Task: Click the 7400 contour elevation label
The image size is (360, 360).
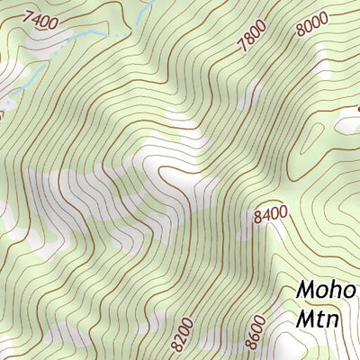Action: [41, 18]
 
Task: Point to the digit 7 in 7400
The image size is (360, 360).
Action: [30, 13]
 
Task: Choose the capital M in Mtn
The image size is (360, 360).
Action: [304, 321]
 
